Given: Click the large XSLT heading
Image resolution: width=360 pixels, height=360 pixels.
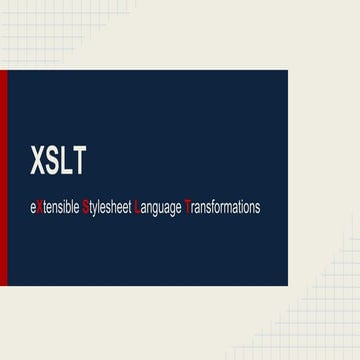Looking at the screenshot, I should [x=57, y=161].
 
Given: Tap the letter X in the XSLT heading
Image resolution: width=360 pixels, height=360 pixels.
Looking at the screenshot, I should [x=38, y=161].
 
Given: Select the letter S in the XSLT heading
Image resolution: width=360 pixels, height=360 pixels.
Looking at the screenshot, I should [x=51, y=161].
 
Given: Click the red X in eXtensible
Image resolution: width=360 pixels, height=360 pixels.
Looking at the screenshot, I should [x=40, y=208].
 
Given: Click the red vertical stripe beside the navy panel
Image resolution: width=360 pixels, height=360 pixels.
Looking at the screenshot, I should [x=3, y=179].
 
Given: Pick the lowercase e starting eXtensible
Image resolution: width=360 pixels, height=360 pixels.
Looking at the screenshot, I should [x=34, y=208].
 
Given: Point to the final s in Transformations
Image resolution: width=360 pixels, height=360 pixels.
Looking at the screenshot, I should [x=257, y=208].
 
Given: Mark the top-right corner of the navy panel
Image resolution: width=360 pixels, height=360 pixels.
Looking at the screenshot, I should [x=286, y=72].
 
